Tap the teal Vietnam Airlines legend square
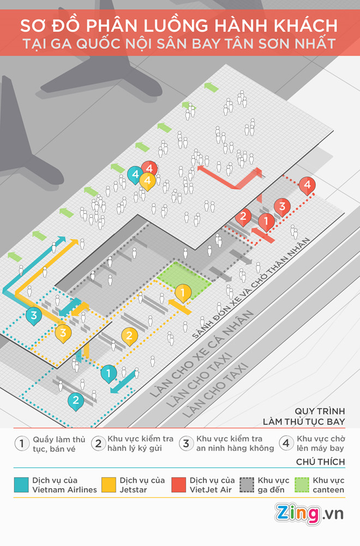tap(21, 485)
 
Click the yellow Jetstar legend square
tap(109, 485)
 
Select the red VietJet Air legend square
tap(178, 485)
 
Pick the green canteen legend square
tap(302, 485)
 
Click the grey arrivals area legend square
tap(247, 485)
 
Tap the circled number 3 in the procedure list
tap(186, 443)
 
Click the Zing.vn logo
tap(309, 514)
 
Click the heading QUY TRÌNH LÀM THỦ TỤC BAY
tap(304, 417)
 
